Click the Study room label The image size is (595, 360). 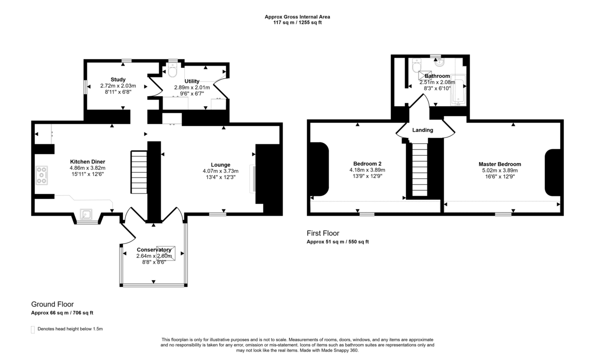(x=118, y=79)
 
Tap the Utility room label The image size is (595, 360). (x=192, y=81)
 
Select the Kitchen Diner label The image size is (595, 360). (x=87, y=162)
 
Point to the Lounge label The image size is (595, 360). (x=220, y=165)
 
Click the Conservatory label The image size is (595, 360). (x=154, y=249)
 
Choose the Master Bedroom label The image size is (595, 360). (x=499, y=164)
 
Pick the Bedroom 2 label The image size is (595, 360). (x=367, y=164)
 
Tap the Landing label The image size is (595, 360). (x=422, y=130)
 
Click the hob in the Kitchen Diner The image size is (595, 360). (x=41, y=176)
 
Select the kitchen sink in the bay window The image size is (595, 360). (x=87, y=214)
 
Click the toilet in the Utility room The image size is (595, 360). (x=172, y=72)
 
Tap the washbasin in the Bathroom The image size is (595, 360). (x=438, y=62)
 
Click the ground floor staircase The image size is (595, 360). (x=139, y=172)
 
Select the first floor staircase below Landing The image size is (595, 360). (x=419, y=169)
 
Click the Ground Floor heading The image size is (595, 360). (x=52, y=304)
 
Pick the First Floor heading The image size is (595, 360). (x=323, y=233)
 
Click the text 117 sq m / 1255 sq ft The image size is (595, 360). (x=297, y=23)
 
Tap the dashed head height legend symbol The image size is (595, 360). (x=33, y=329)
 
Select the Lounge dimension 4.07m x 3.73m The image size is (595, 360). (x=220, y=172)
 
